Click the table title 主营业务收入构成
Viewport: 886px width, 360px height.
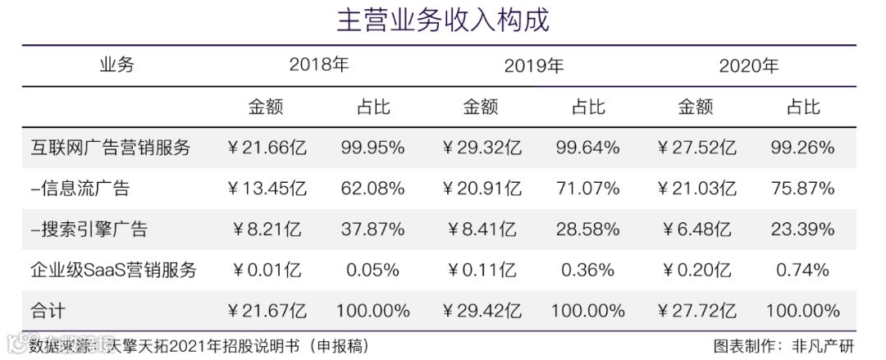click(x=443, y=20)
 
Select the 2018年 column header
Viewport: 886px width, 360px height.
click(x=318, y=66)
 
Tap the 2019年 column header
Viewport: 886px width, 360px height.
click(x=533, y=66)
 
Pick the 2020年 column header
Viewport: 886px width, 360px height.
click(x=748, y=66)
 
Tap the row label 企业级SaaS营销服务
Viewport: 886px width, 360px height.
click(x=114, y=270)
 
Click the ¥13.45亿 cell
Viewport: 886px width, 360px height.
click(x=267, y=189)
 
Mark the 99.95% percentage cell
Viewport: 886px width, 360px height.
click(x=372, y=148)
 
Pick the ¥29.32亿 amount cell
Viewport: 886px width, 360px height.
click(x=482, y=148)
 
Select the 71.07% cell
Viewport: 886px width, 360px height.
click(x=587, y=189)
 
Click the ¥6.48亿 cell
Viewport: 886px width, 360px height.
click(x=696, y=230)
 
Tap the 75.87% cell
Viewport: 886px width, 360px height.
click(x=802, y=189)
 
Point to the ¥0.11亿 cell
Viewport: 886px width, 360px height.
click(x=482, y=270)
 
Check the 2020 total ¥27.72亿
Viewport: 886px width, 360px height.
click(x=696, y=311)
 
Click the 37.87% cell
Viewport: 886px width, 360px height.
click(x=372, y=230)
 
